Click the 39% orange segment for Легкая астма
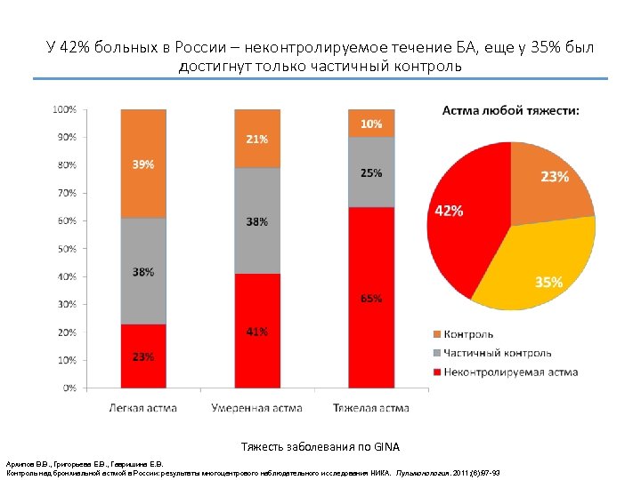pos(143,164)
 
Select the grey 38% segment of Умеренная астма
pos(257,220)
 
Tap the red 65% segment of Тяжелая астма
pos(370,298)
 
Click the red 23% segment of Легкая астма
pos(143,356)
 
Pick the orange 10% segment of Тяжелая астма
pos(370,124)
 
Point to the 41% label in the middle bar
pos(257,332)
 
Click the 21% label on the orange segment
pos(257,140)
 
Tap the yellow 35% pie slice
pos(543,267)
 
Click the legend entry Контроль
pos(468,334)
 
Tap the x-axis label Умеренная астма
pos(256,408)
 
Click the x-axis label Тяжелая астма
pos(371,408)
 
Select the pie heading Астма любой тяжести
pos(511,110)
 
